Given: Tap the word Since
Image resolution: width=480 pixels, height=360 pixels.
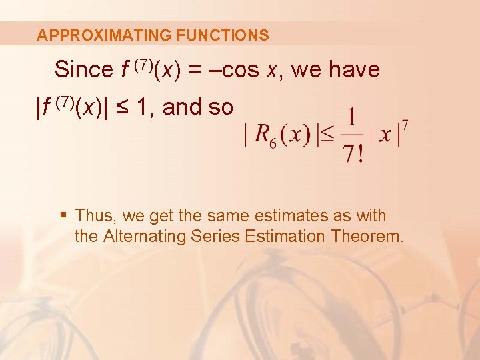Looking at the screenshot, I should [x=84, y=69].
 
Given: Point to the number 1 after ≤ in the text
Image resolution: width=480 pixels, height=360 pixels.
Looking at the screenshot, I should [x=142, y=107].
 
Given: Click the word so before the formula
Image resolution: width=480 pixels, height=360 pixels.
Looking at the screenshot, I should [x=220, y=107].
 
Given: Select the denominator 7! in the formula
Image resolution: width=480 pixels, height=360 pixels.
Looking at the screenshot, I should [x=351, y=154].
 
